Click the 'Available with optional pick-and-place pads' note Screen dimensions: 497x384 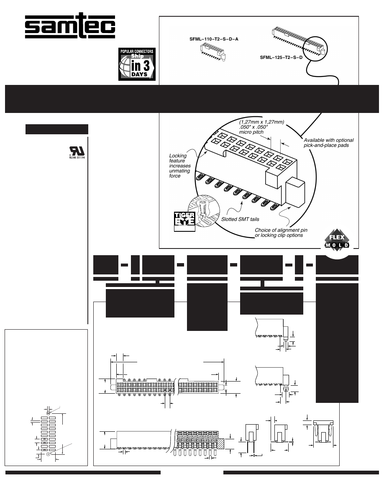329,142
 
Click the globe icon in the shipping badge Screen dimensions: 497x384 125,65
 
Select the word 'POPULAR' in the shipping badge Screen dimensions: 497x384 129,51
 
